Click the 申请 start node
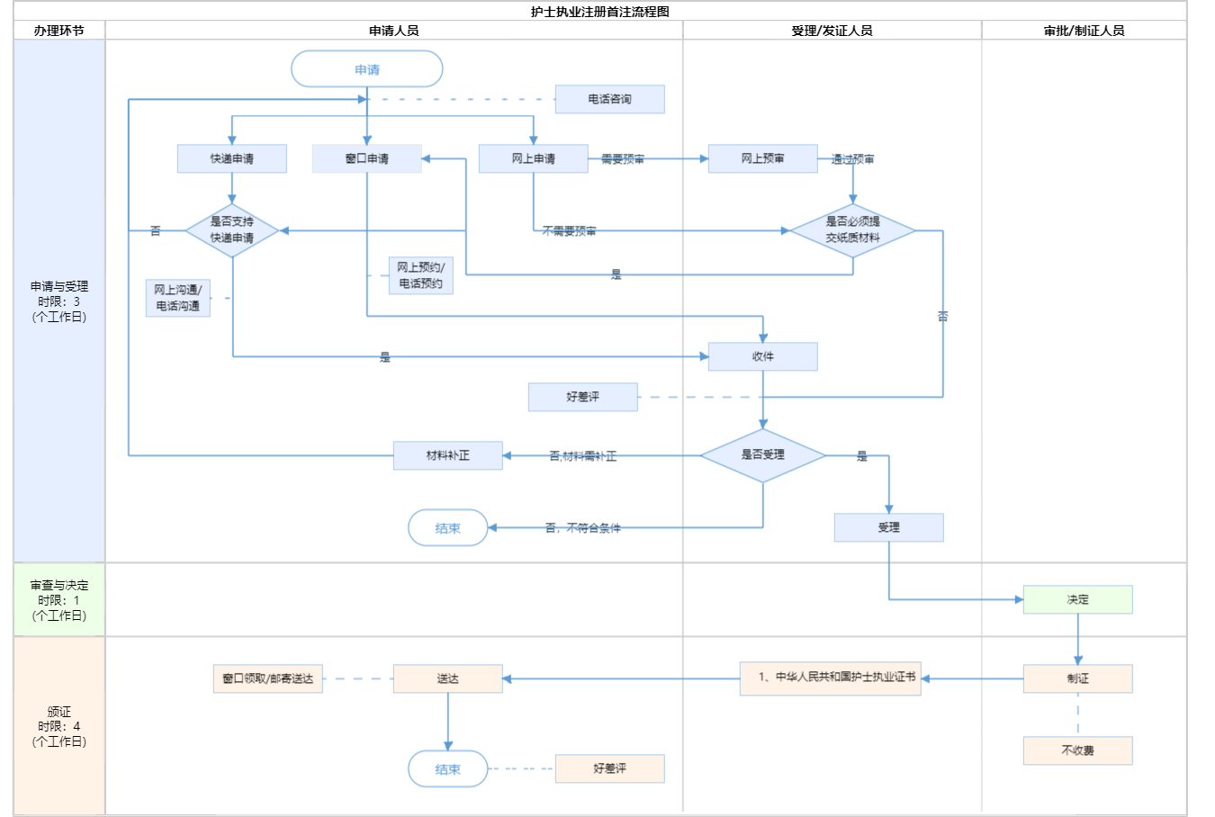pos(367,69)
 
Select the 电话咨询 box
pos(609,99)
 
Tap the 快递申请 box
pos(232,158)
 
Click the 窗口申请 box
pos(366,158)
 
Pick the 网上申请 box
pos(533,158)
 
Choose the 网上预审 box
pos(762,158)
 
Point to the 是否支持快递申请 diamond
pos(232,230)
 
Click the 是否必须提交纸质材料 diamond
pos(852,230)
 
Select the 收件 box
pos(762,356)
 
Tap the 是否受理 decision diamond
pos(762,455)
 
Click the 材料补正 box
pos(447,455)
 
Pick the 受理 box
pos(888,527)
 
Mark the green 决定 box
pos(1077,599)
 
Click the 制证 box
pos(1077,678)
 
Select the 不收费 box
pos(1077,750)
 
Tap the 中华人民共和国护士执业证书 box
pos(830,678)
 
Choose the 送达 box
pos(447,678)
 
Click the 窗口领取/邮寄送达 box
pos(268,678)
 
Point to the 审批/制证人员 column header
pos(1084,31)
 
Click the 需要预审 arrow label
pos(623,159)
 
